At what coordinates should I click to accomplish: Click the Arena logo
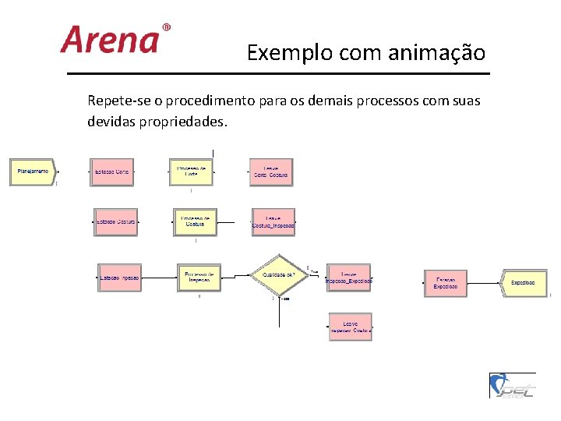[x=114, y=39]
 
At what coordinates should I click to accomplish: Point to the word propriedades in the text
[x=186, y=123]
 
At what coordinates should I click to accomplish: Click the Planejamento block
[x=32, y=172]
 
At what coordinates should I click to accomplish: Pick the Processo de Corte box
[x=191, y=172]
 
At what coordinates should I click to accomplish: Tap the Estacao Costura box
[x=116, y=222]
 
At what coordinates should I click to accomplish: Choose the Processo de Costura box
[x=195, y=222]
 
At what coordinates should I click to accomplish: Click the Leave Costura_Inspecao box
[x=273, y=222]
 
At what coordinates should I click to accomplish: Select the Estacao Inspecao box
[x=119, y=277]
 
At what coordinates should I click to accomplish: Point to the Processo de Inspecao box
[x=199, y=277]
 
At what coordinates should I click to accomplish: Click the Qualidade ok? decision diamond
[x=278, y=274]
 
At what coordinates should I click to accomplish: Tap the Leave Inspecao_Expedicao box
[x=349, y=277]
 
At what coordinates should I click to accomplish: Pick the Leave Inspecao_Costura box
[x=350, y=327]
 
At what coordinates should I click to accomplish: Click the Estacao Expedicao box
[x=446, y=283]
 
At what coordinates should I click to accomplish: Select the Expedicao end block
[x=524, y=282]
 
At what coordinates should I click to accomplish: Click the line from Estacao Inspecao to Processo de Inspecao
[x=159, y=276]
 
